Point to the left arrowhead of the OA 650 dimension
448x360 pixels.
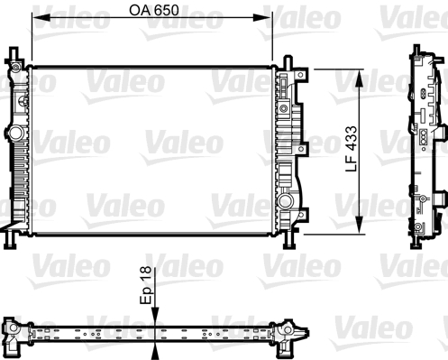[x=37, y=25]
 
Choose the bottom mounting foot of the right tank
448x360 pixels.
[x=290, y=242]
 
